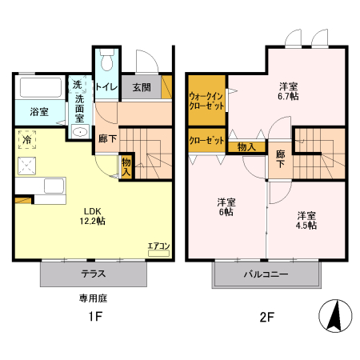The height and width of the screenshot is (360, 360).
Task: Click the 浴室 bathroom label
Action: pyautogui.click(x=38, y=112)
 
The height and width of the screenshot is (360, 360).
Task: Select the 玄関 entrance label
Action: pyautogui.click(x=142, y=86)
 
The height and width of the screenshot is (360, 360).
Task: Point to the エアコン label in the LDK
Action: pyautogui.click(x=158, y=246)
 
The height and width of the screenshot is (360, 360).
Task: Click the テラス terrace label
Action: pyautogui.click(x=94, y=274)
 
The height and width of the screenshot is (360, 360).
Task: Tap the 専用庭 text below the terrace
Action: pyautogui.click(x=93, y=298)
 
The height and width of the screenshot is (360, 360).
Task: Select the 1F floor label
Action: pyautogui.click(x=94, y=317)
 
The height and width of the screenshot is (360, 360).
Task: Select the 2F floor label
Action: pyautogui.click(x=266, y=317)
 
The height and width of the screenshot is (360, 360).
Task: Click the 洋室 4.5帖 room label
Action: pyautogui.click(x=306, y=220)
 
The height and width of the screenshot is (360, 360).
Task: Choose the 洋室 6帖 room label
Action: pyautogui.click(x=225, y=207)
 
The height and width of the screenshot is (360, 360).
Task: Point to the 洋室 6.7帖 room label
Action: pyautogui.click(x=288, y=90)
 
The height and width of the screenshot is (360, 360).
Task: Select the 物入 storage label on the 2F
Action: pyautogui.click(x=246, y=146)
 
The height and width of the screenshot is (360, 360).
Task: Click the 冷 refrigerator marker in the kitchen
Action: pyautogui.click(x=27, y=138)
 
